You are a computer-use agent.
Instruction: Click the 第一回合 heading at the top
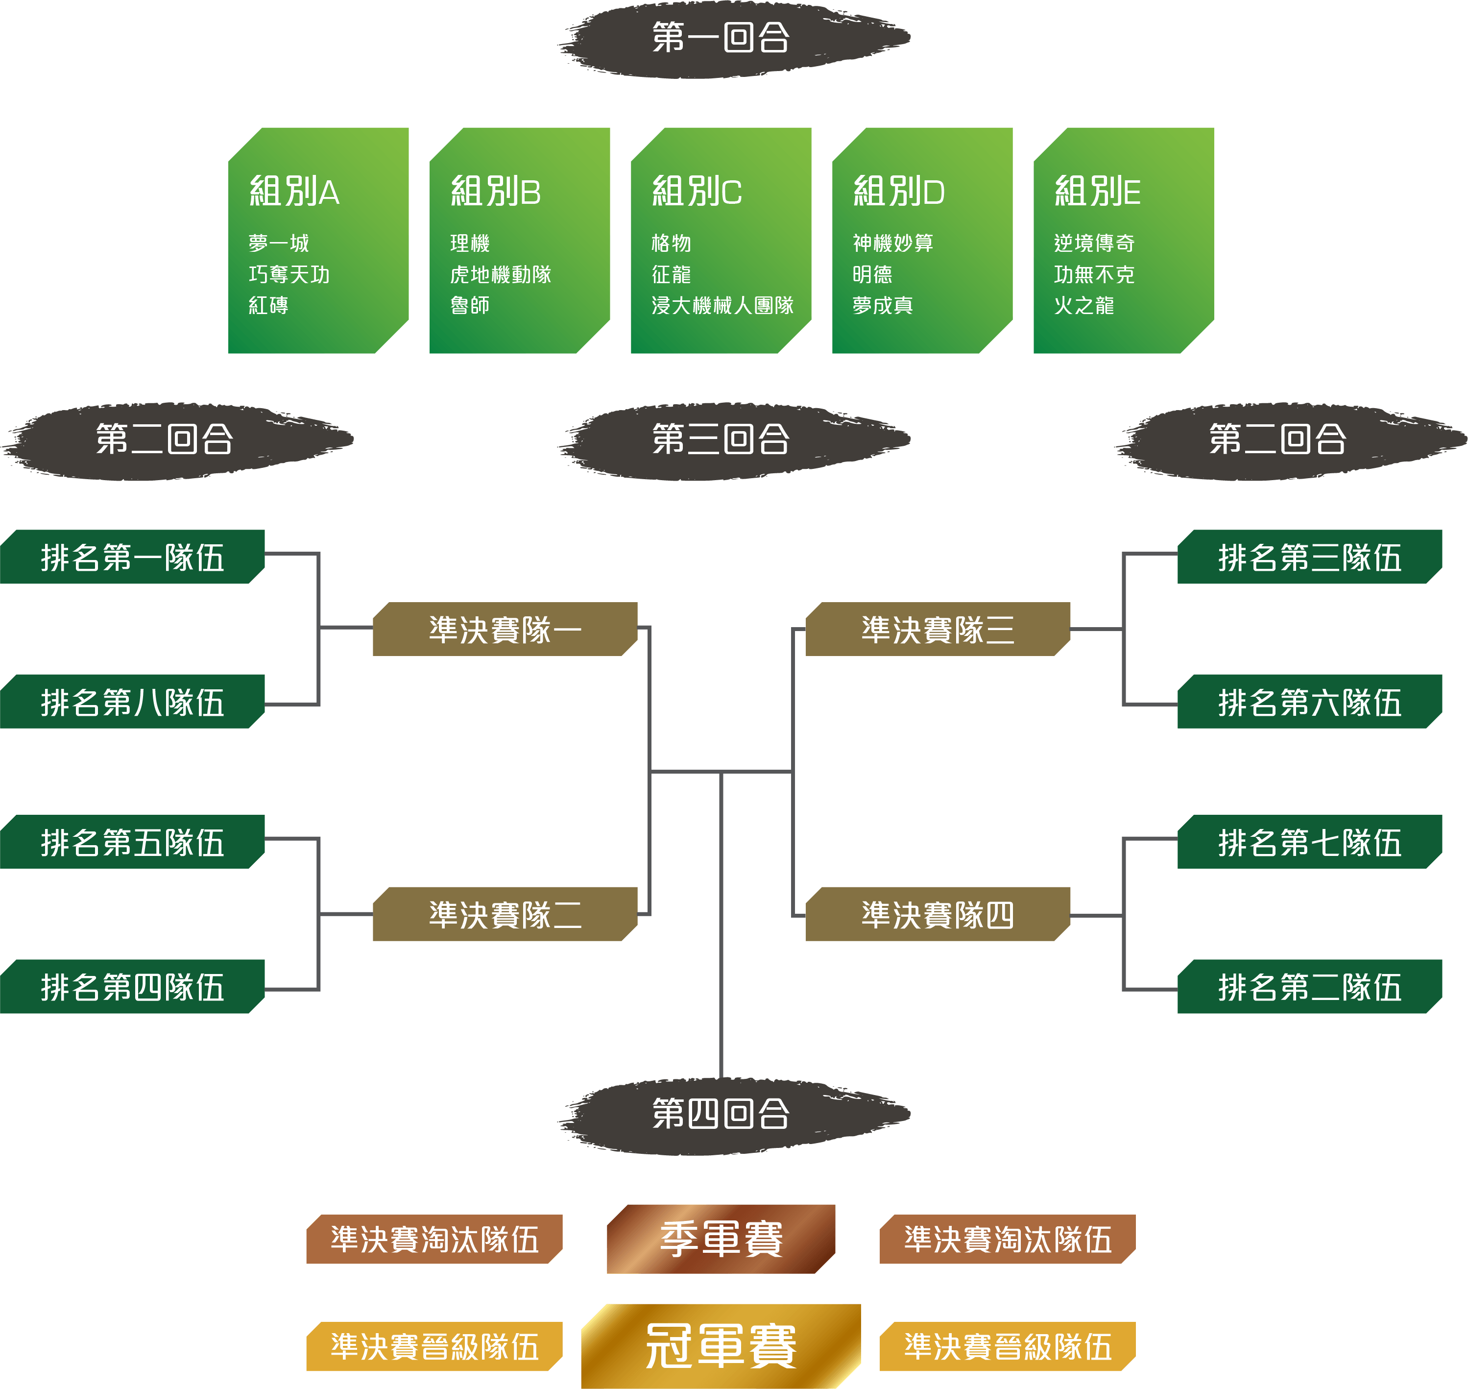pos(721,37)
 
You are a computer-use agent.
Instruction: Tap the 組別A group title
pos(295,191)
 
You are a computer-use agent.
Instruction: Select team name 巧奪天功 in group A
pos(289,275)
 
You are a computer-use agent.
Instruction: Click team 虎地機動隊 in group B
pos(501,275)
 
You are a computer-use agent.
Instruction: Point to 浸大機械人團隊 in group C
pos(722,305)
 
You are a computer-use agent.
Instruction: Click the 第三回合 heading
pos(721,439)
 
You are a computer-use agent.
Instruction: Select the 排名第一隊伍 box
pos(133,557)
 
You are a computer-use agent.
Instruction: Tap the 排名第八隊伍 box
pos(133,702)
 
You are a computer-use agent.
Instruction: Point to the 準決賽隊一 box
pos(505,630)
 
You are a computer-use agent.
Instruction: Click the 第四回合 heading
pos(721,1114)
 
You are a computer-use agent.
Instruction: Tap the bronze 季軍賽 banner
pos(721,1239)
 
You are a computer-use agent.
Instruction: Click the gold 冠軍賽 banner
pos(721,1345)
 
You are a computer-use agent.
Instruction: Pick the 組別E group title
pos(1097,191)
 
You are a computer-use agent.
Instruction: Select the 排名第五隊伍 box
pos(133,842)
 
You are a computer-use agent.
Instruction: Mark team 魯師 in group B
pos(469,305)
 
